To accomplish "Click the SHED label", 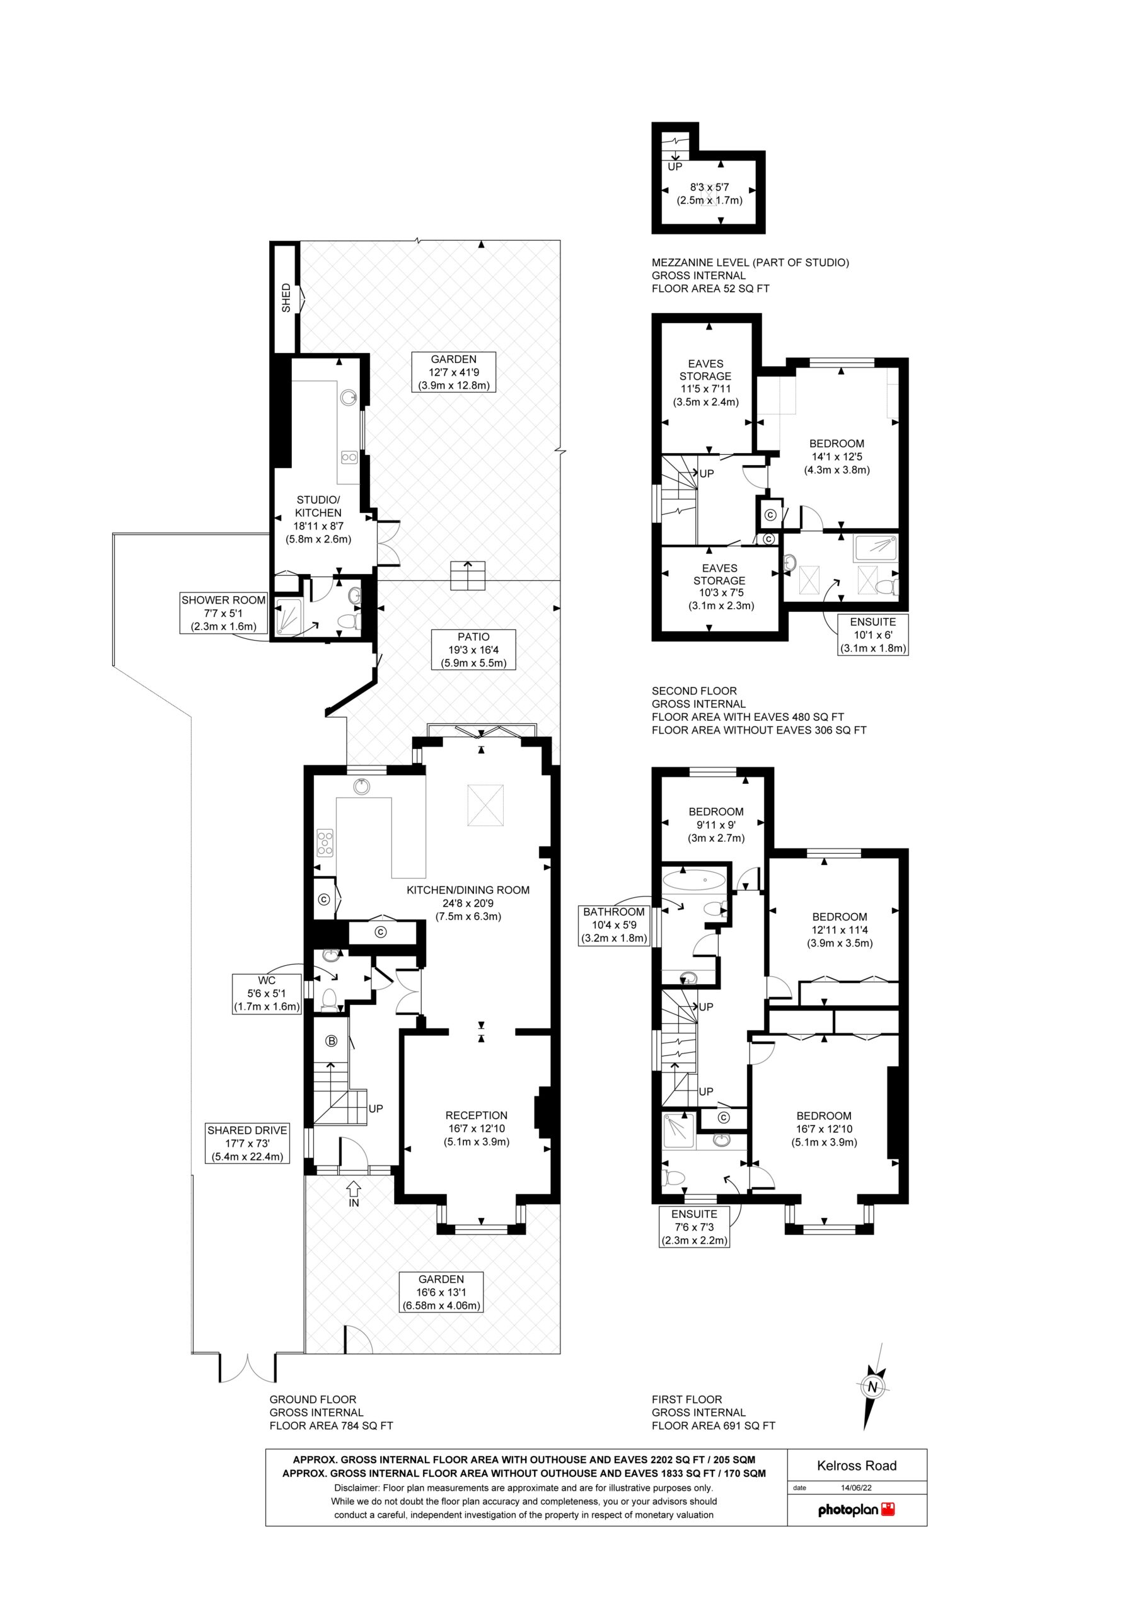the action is click(x=286, y=297).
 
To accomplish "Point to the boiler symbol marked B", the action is click(x=332, y=1041).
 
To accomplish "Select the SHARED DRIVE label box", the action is click(x=248, y=1143).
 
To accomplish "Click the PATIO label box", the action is click(x=474, y=650).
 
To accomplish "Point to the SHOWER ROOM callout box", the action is click(x=224, y=612).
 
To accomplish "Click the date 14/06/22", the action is click(x=856, y=1487).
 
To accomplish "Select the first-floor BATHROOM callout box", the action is click(x=614, y=925).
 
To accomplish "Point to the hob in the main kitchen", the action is click(x=325, y=842).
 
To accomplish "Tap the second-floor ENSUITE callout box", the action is click(x=872, y=635).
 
